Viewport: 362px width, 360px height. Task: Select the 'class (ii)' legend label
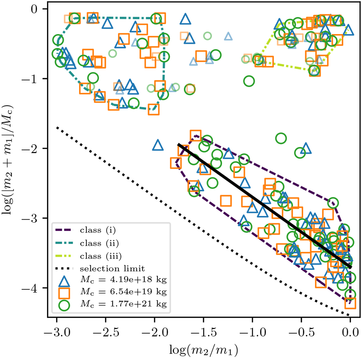click(99, 243)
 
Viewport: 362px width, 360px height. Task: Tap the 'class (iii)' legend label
click(101, 256)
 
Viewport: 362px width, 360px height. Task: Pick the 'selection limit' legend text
click(112, 269)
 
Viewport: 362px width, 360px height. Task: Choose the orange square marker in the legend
click(64, 293)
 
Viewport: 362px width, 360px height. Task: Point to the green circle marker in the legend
click(64, 305)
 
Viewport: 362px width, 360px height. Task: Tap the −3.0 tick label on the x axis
click(56, 333)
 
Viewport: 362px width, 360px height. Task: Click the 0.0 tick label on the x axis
click(350, 333)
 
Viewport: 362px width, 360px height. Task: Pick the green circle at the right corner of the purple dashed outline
click(333, 202)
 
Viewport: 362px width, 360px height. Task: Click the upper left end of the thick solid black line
click(178, 144)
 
